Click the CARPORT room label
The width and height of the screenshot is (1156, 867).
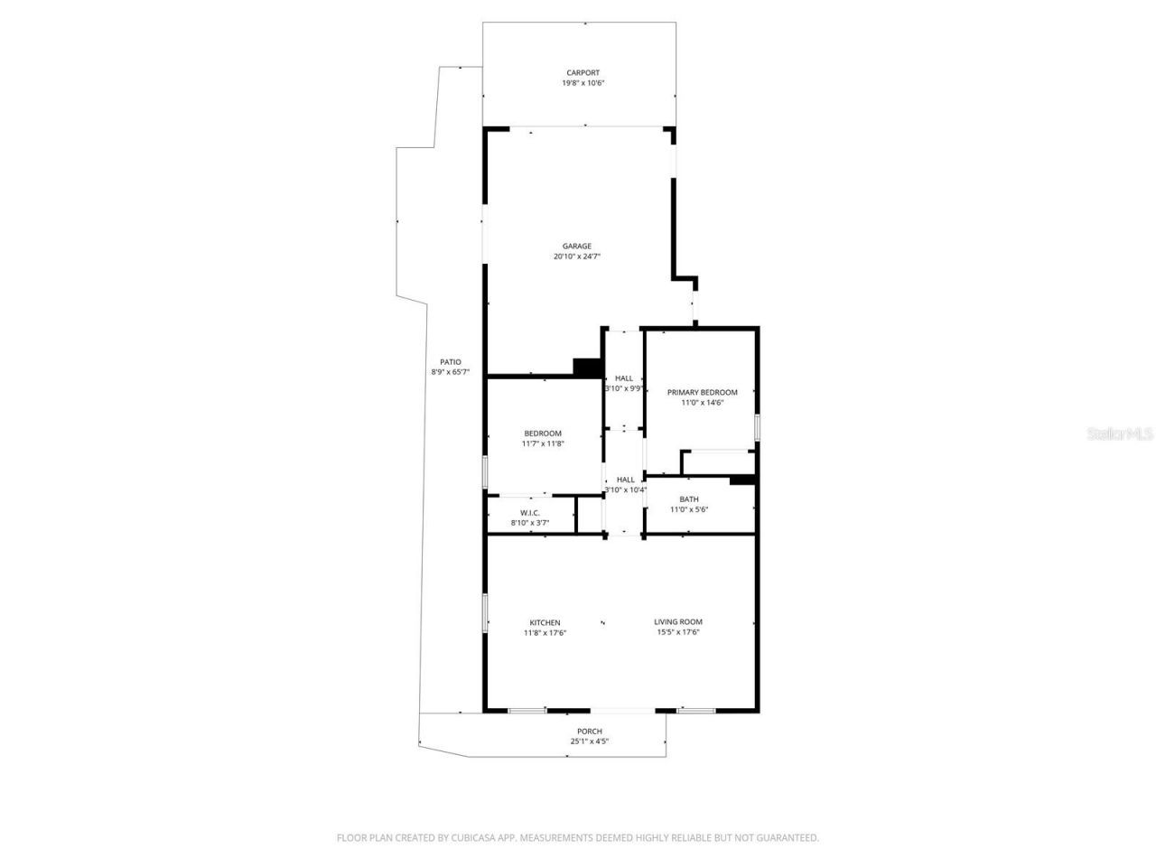(x=583, y=73)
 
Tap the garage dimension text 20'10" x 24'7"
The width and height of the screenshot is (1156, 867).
(x=577, y=256)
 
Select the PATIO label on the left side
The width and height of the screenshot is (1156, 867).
(x=451, y=362)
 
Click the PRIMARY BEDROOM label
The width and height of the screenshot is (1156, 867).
(x=702, y=393)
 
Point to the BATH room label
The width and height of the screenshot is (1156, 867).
(x=689, y=499)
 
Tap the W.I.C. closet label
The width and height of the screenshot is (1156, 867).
(x=529, y=513)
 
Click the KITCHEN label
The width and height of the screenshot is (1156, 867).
(x=545, y=622)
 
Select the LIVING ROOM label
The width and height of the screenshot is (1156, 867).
(x=678, y=621)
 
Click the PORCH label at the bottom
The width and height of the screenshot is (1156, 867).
(x=589, y=732)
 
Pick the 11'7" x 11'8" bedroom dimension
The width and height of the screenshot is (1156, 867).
(x=543, y=443)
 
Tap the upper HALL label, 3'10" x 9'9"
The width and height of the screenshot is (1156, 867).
(x=624, y=378)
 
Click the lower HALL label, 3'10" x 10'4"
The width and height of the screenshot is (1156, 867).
(x=625, y=480)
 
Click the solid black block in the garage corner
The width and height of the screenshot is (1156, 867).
(x=588, y=367)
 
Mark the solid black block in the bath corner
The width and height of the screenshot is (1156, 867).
(x=741, y=480)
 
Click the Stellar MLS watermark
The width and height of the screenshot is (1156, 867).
(x=1120, y=433)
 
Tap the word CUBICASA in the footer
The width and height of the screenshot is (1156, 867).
(x=475, y=838)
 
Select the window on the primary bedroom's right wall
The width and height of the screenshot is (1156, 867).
(x=757, y=427)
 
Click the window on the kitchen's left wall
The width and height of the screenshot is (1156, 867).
(x=485, y=611)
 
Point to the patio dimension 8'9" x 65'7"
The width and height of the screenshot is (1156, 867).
(x=451, y=372)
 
